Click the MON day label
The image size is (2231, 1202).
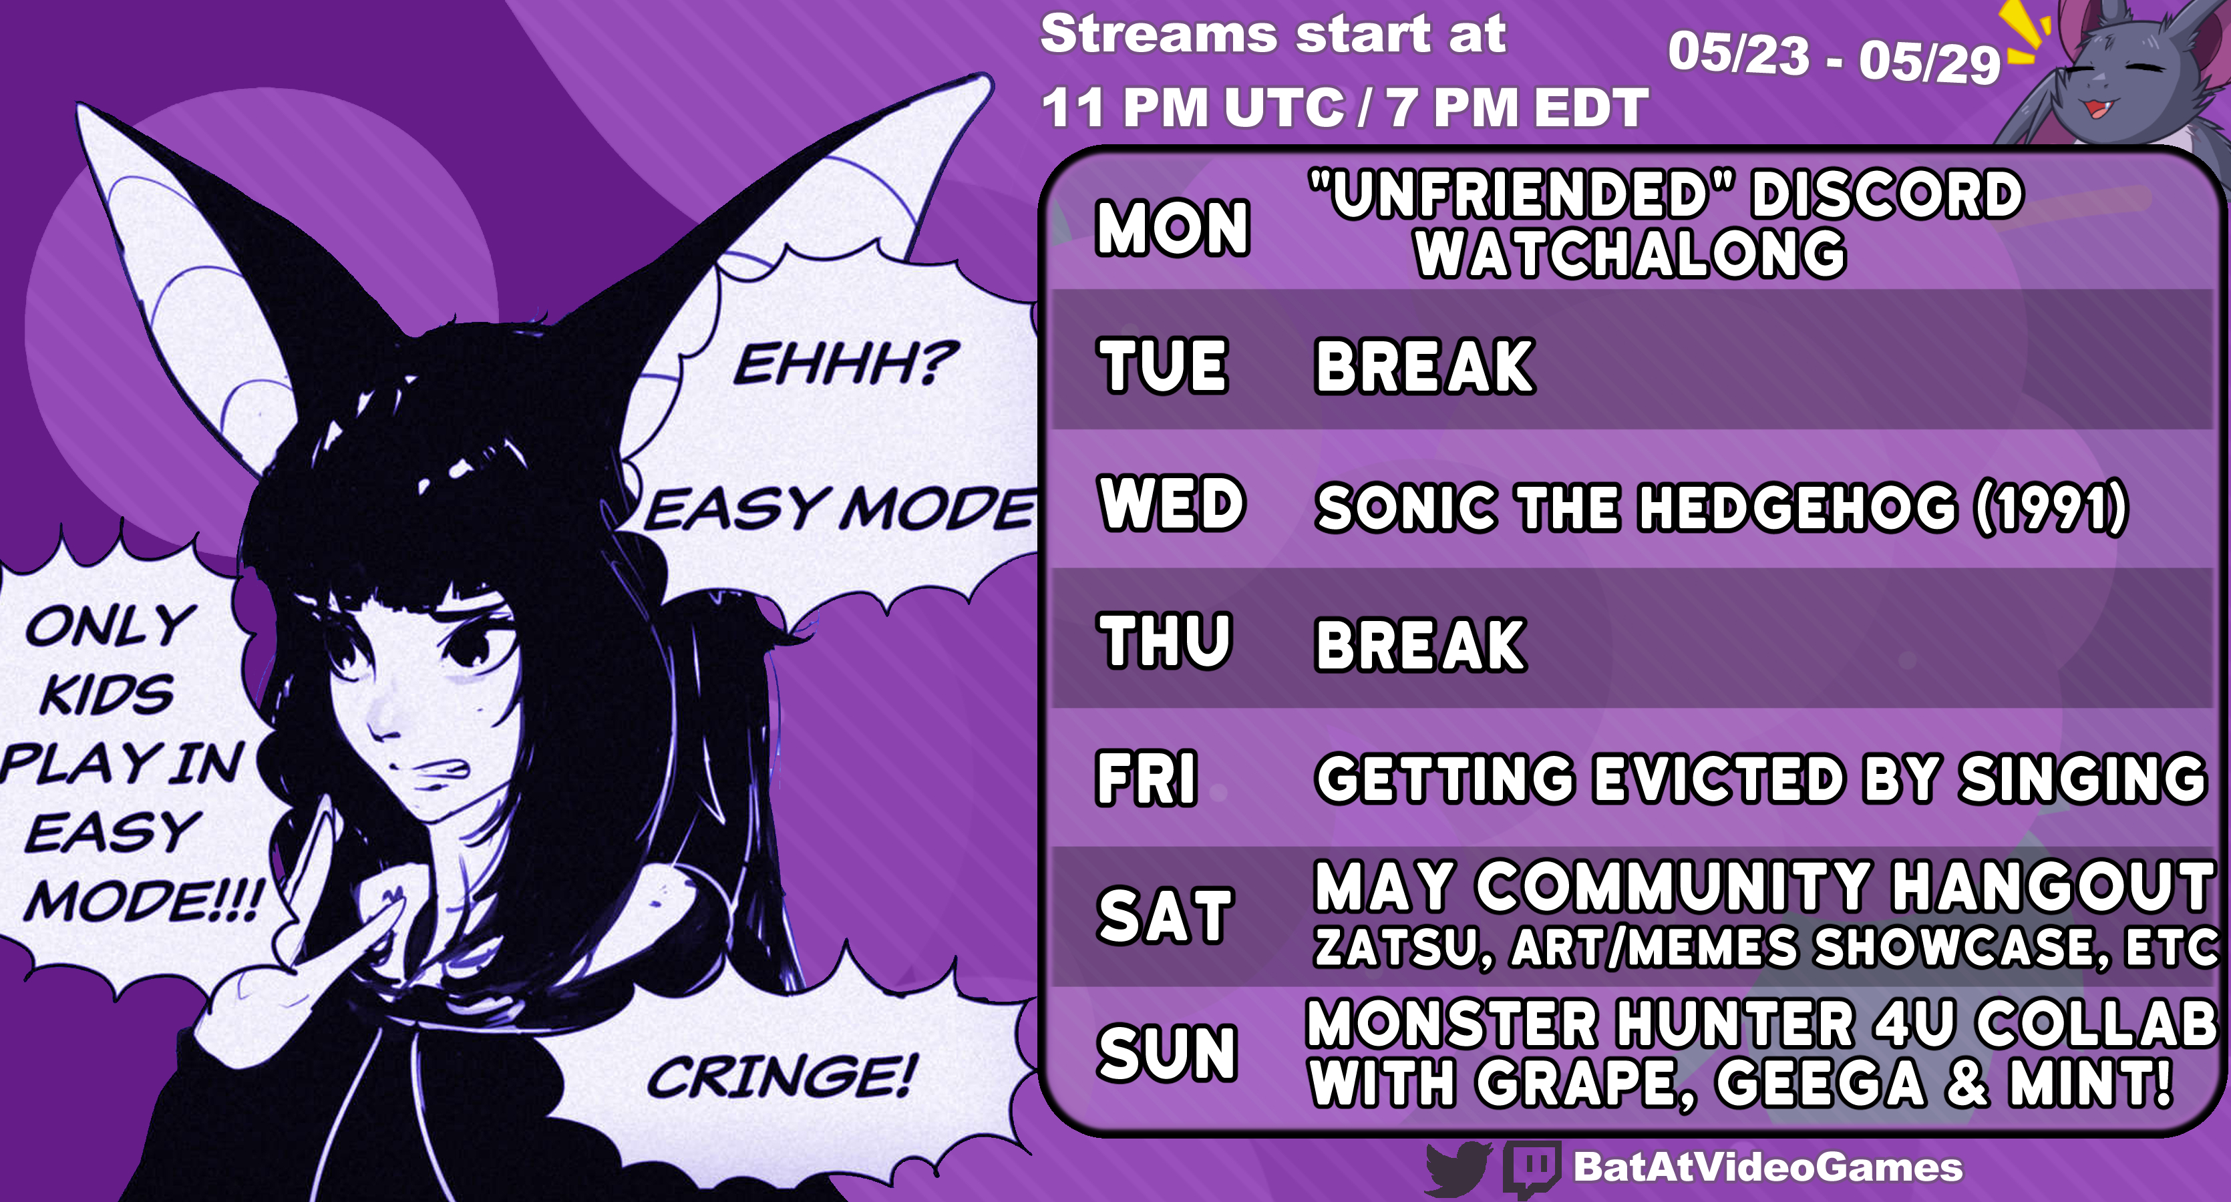coord(1173,228)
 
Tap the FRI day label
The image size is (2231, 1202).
coord(1148,778)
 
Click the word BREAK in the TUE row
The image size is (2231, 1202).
coord(1425,367)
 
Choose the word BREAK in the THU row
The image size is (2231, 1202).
coord(1420,644)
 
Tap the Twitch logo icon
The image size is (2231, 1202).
coord(1532,1168)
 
